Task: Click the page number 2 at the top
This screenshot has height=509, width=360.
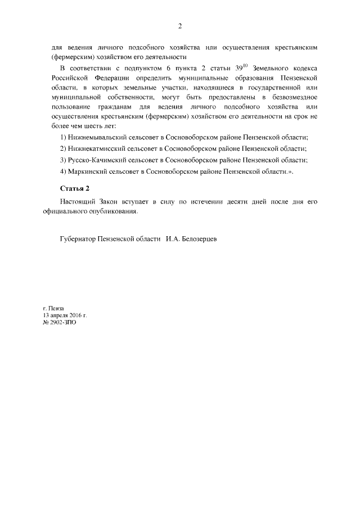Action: [179, 26]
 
